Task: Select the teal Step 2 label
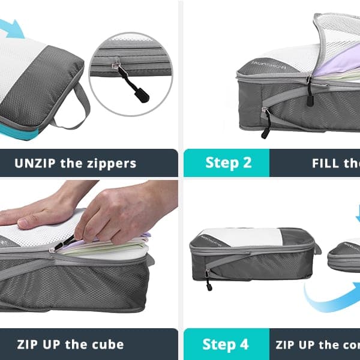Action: click(x=228, y=163)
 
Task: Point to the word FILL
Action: click(x=326, y=163)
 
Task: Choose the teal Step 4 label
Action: click(x=226, y=344)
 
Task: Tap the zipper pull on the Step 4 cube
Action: click(x=208, y=281)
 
